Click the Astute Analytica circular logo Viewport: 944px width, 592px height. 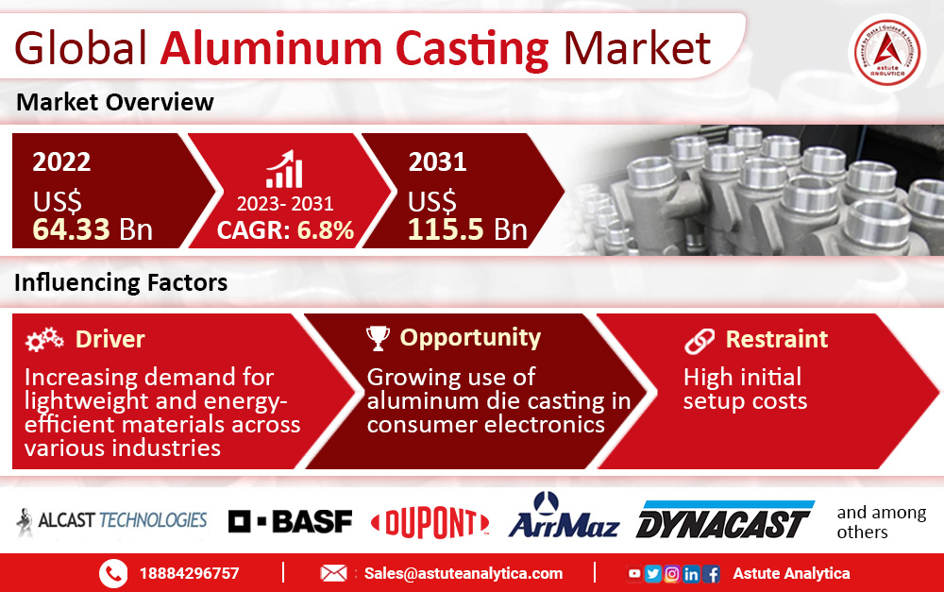pos(887,53)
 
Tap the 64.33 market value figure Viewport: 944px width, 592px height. pos(71,229)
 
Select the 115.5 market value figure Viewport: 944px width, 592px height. pos(446,229)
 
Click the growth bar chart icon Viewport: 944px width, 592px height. pos(284,169)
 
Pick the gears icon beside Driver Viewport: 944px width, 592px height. pos(44,339)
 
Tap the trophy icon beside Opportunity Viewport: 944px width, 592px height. pos(379,338)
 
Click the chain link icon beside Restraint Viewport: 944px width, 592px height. pos(700,341)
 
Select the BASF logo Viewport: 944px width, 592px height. pos(290,521)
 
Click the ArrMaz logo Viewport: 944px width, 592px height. pos(564,516)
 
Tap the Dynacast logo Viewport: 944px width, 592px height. pos(725,519)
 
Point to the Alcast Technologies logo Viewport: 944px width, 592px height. pos(112,520)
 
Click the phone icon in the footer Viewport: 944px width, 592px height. pos(113,573)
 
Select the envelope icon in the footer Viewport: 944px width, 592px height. pos(333,573)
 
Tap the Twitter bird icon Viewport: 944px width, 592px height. pos(652,573)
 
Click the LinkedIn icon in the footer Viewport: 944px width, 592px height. pos(691,574)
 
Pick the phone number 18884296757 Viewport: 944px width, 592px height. pos(189,573)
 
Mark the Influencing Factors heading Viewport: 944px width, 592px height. pos(121,282)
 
